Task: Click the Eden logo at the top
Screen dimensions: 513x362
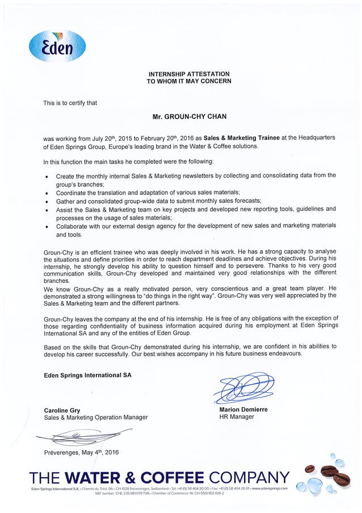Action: (x=57, y=46)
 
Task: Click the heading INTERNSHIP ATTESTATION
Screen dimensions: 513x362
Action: (x=189, y=74)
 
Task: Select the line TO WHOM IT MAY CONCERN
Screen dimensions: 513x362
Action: (x=189, y=81)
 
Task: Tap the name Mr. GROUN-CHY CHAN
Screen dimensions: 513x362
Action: (x=189, y=116)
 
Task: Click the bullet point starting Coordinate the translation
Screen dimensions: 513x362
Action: (x=148, y=192)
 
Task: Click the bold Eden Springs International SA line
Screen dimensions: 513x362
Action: (x=87, y=375)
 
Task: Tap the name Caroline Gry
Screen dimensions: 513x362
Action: (x=62, y=410)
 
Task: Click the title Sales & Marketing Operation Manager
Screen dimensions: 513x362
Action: (x=95, y=417)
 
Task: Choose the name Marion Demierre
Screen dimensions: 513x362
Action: (x=243, y=409)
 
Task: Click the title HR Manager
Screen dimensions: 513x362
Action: (x=237, y=416)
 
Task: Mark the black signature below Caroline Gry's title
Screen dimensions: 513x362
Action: (x=79, y=436)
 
